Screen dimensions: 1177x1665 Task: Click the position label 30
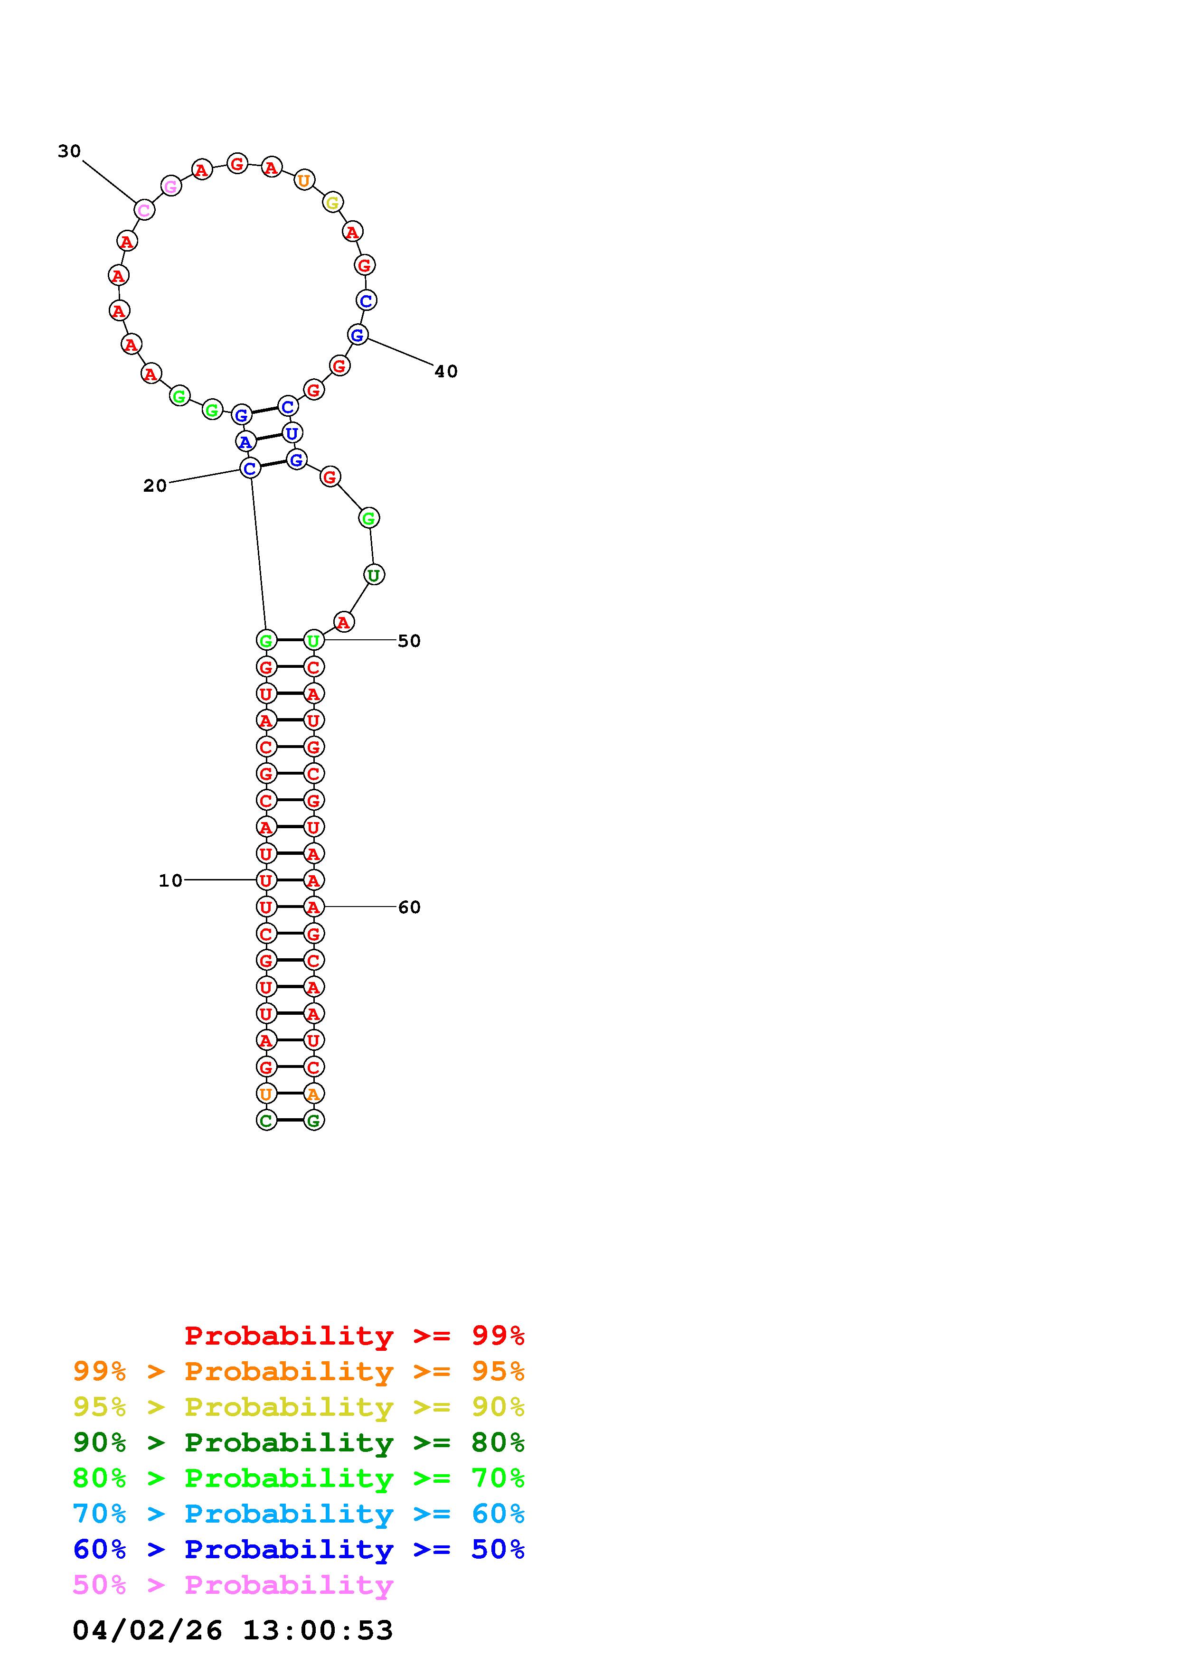point(70,151)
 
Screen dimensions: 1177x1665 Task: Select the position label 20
point(155,486)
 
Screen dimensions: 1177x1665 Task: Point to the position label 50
point(409,641)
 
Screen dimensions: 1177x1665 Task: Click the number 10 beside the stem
point(171,880)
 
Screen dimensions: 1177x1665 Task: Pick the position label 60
point(409,907)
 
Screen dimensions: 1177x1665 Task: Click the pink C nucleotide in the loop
point(144,210)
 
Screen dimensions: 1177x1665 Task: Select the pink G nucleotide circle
point(170,187)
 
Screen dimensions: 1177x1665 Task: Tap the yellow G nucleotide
point(332,202)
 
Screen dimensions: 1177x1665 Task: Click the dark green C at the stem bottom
point(266,1121)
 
